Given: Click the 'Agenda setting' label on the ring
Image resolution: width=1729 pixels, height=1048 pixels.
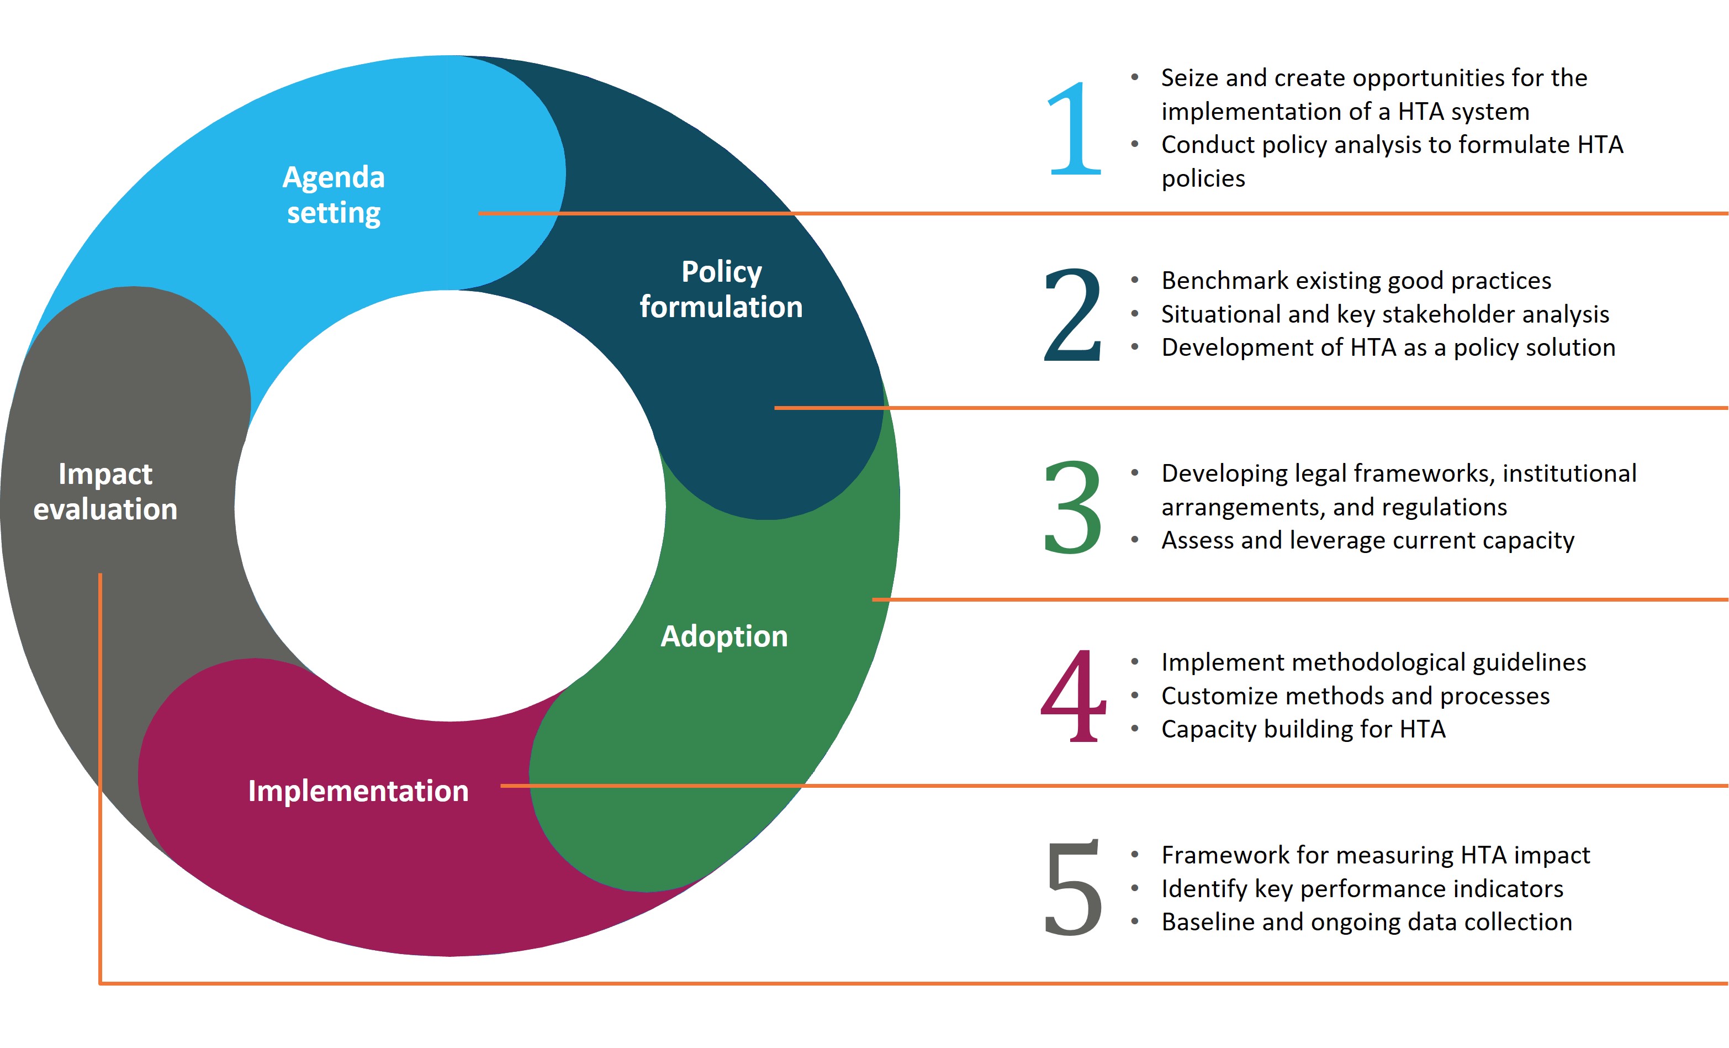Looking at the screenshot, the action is [334, 195].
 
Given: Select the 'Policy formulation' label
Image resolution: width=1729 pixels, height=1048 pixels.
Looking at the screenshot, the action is [721, 289].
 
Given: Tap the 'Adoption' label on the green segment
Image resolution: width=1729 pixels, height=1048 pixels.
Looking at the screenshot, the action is [724, 636].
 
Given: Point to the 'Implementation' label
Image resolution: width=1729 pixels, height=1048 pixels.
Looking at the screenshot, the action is [358, 791].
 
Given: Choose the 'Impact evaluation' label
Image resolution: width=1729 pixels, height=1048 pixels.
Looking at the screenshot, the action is [105, 491].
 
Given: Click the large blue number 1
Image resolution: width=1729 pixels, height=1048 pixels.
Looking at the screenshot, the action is [1074, 128].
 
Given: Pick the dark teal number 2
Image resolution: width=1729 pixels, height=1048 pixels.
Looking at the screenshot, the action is [1072, 314].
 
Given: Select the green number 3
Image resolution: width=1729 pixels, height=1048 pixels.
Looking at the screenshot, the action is [1072, 507].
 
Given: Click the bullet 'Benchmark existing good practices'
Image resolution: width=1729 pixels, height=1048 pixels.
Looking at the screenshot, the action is [1356, 281].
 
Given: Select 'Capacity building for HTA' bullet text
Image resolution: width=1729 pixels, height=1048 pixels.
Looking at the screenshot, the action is [1303, 729].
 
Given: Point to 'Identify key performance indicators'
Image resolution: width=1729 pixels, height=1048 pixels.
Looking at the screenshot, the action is [1362, 889].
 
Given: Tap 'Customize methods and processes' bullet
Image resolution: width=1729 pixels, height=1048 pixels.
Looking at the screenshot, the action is [1355, 696].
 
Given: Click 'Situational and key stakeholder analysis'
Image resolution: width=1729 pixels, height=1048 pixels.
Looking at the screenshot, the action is [1385, 314].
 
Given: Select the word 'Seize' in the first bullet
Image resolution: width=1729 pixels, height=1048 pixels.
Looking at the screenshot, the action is [1190, 78].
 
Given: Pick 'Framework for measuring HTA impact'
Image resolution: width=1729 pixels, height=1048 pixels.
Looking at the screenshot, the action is [1376, 856].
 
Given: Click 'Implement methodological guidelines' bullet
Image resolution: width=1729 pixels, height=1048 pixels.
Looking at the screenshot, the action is [1373, 662].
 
